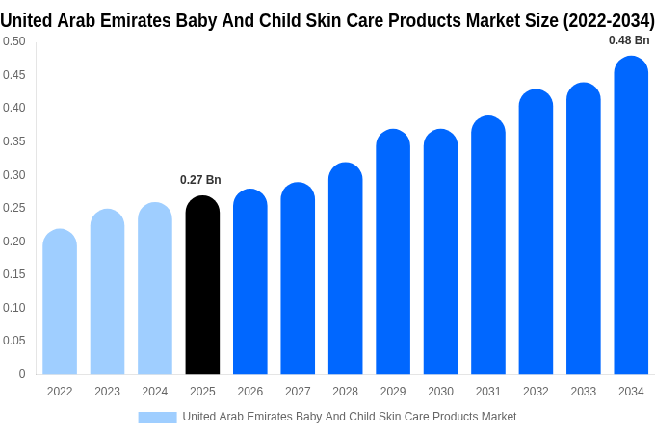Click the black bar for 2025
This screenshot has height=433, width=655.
click(202, 286)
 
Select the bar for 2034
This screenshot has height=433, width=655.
click(631, 216)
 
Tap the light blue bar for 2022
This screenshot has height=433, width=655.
click(60, 302)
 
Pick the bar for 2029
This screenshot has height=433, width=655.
click(393, 252)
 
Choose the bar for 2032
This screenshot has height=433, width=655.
click(536, 232)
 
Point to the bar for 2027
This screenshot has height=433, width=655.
click(298, 279)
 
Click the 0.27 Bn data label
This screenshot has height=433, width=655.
click(200, 180)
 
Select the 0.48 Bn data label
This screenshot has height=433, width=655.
click(629, 40)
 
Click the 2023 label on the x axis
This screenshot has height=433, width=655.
click(107, 392)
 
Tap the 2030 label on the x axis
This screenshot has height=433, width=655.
click(440, 392)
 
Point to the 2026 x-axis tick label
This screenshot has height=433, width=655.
click(250, 392)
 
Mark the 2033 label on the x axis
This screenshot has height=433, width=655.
click(583, 392)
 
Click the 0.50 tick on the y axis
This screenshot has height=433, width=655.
click(13, 41)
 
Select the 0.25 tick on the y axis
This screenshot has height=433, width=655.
click(13, 208)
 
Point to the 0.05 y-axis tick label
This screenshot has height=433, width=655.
click(13, 341)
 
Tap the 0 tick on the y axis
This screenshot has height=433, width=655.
click(22, 374)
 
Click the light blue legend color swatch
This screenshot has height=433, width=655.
click(157, 417)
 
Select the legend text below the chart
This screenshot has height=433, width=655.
click(349, 417)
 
